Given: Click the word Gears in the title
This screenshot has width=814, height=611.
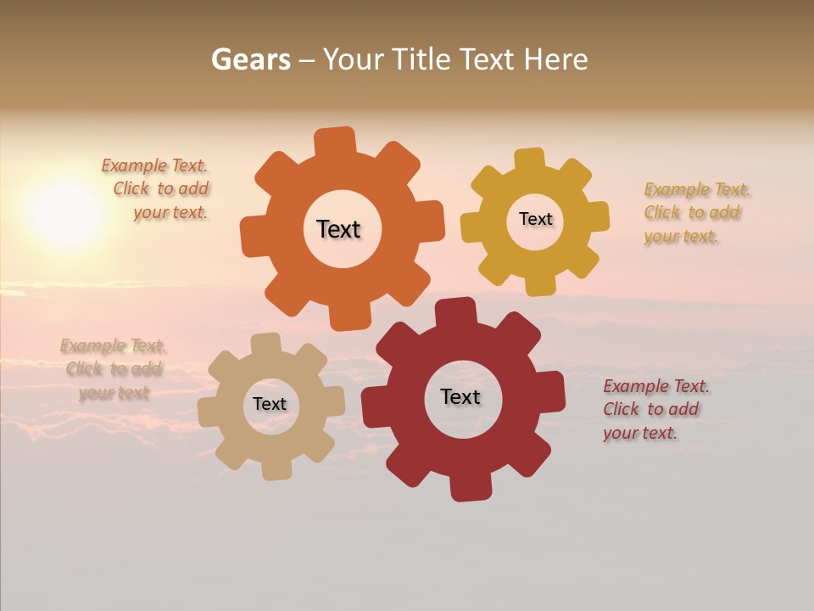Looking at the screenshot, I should coord(250,59).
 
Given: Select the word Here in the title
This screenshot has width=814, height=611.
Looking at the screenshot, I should coord(555,59).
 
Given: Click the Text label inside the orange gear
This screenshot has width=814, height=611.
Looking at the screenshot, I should coord(338,229).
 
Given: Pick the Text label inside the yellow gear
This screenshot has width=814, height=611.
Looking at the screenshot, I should coord(535,219).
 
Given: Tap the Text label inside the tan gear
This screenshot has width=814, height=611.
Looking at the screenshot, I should coord(270,404).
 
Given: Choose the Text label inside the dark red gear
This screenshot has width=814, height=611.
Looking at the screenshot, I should coord(460,396).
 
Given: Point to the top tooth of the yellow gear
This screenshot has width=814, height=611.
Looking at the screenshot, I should coord(530,160).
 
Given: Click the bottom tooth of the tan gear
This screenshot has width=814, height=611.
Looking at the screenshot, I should coord(276,469).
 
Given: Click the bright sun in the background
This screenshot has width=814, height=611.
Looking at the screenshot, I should coord(66,212).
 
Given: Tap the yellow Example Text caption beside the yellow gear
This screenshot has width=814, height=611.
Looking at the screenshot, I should coord(695,213).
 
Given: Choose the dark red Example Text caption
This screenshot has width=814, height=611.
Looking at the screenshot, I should coord(655,410).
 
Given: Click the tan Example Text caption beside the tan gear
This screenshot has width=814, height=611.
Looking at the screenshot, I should coord(114,369).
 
